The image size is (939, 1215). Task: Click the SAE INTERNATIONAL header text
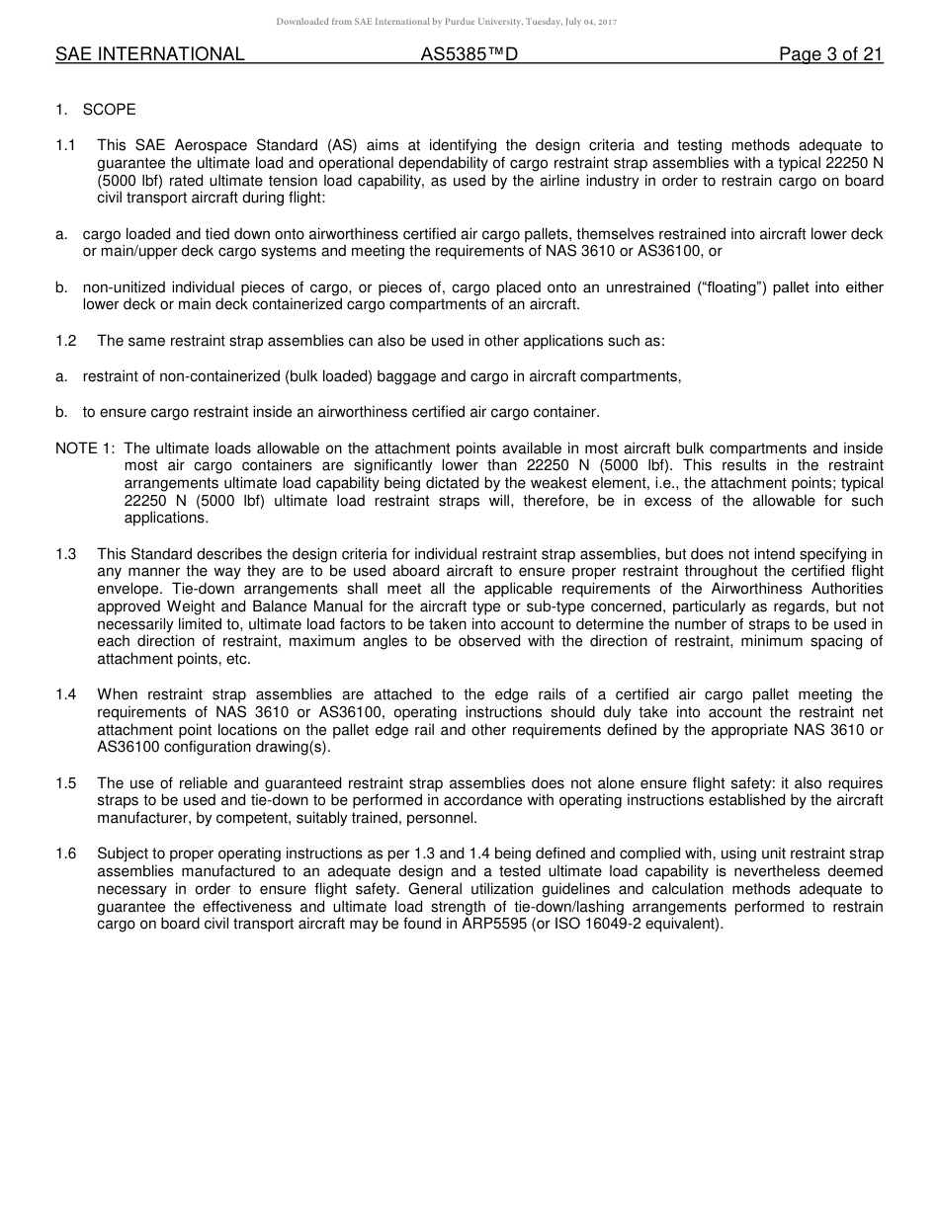point(149,55)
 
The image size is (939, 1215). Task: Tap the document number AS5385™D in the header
point(469,55)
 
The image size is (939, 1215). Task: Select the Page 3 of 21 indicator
point(830,55)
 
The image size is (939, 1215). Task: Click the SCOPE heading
point(109,110)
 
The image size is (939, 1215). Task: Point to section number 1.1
point(66,145)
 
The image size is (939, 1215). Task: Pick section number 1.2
point(66,341)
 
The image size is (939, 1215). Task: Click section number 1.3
point(66,554)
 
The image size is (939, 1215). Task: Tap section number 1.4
point(66,695)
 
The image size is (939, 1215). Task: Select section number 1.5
point(66,783)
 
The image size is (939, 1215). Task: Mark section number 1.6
point(66,853)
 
